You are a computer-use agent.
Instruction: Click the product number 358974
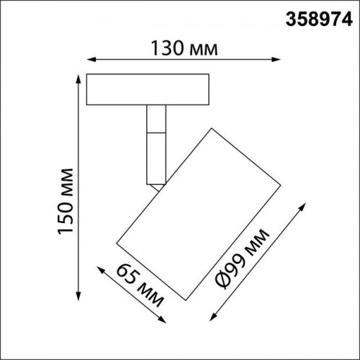[x=319, y=19]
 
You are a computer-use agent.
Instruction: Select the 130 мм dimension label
[x=184, y=48]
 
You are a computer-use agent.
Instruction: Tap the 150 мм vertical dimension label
[x=66, y=201]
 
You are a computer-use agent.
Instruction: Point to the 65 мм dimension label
[x=140, y=285]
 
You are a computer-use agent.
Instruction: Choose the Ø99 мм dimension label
[x=242, y=258]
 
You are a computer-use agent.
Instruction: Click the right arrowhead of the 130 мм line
[x=276, y=60]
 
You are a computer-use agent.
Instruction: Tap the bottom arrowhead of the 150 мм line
[x=78, y=296]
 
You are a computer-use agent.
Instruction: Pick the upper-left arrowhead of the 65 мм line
[x=101, y=270]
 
